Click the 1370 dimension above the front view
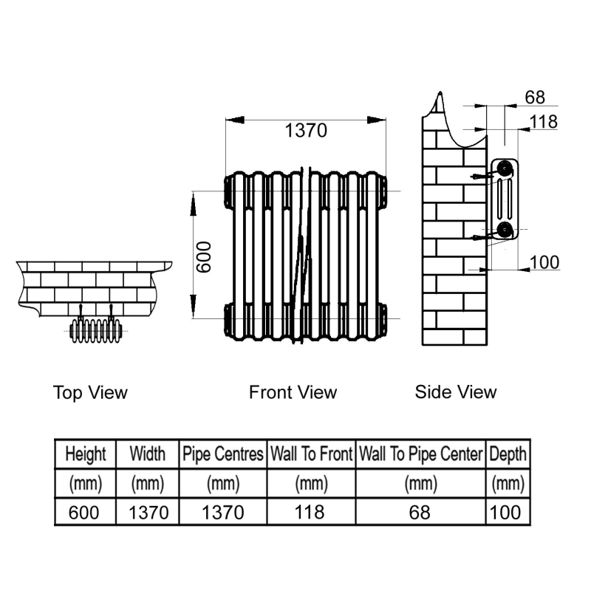point(306,131)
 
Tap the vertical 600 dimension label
point(204,257)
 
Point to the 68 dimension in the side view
point(535,98)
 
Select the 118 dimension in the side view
point(543,122)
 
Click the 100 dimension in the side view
point(544,262)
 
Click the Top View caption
point(90,392)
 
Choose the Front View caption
point(293,392)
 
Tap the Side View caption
point(456,392)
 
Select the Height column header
point(86,454)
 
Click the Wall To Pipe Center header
point(420,454)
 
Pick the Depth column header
point(508,454)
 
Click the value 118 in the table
point(310,512)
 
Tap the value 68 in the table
point(420,512)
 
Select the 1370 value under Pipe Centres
point(223,513)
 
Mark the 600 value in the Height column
point(83,513)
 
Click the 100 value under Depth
point(505,512)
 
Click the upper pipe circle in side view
point(505,168)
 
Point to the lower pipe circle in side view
point(505,230)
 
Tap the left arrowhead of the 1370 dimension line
point(234,120)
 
